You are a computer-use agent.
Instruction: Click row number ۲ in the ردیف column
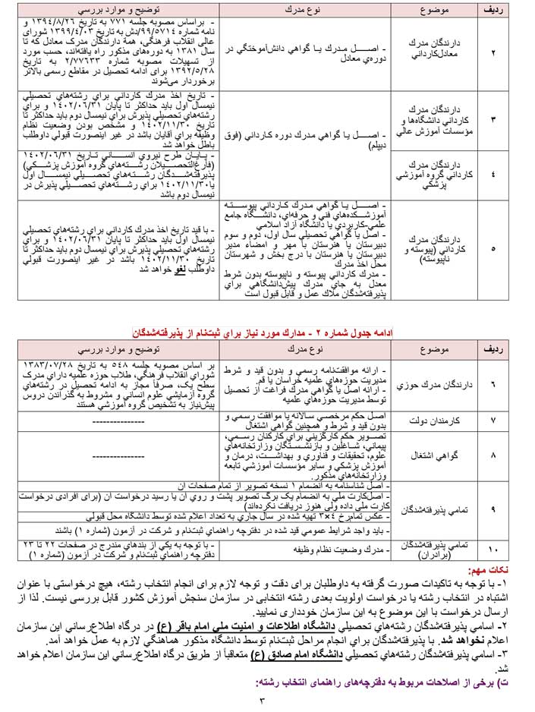493,55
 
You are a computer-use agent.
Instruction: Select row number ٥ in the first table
493,248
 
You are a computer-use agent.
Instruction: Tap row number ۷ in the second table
493,419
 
